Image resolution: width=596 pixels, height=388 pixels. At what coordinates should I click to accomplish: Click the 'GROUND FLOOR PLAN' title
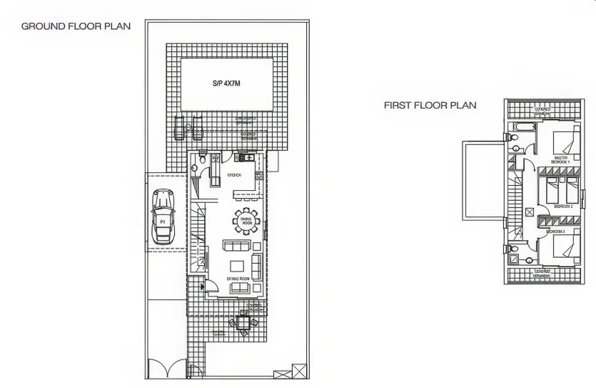click(76, 26)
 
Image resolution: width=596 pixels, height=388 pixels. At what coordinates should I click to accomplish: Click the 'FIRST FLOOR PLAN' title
click(430, 105)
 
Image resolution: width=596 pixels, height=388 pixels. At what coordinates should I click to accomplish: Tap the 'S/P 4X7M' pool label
click(227, 84)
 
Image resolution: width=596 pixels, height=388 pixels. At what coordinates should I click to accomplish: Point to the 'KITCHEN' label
click(234, 175)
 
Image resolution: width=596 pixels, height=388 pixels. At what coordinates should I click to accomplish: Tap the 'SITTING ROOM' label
click(238, 278)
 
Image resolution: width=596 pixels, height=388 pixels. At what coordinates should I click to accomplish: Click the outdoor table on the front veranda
click(243, 323)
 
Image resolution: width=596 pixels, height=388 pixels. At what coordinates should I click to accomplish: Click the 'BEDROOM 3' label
click(555, 232)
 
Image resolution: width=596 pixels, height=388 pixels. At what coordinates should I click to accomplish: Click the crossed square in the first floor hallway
click(529, 212)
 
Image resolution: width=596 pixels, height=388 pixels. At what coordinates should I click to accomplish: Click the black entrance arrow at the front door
click(204, 287)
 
